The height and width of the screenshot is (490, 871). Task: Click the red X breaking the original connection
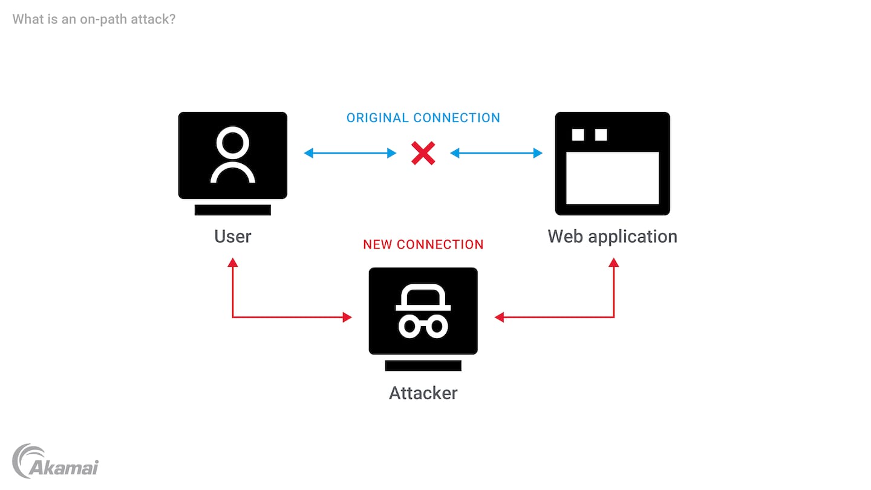(x=423, y=154)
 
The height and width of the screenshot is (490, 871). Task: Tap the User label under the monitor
(x=232, y=236)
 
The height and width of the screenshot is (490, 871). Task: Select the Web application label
(x=612, y=236)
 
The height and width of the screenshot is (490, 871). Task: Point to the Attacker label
(x=423, y=393)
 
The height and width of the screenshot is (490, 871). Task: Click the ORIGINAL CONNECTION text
(x=423, y=118)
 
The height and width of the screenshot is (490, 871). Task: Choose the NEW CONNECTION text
(x=423, y=245)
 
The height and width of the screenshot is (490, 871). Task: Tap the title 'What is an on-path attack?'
(x=94, y=19)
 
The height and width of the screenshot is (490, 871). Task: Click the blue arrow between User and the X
(x=350, y=154)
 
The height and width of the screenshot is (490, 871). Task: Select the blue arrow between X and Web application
(x=496, y=154)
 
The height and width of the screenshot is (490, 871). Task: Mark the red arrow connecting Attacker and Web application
(x=575, y=317)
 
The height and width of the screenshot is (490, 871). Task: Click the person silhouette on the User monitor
(x=232, y=156)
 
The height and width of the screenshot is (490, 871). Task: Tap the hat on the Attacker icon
(x=423, y=299)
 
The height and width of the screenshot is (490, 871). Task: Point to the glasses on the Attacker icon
(x=423, y=327)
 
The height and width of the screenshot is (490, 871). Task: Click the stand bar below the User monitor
(x=232, y=210)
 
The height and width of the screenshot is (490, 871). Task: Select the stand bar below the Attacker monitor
(x=423, y=365)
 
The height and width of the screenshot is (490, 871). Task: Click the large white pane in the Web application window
(x=612, y=177)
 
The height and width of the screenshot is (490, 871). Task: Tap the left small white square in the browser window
(x=578, y=135)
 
